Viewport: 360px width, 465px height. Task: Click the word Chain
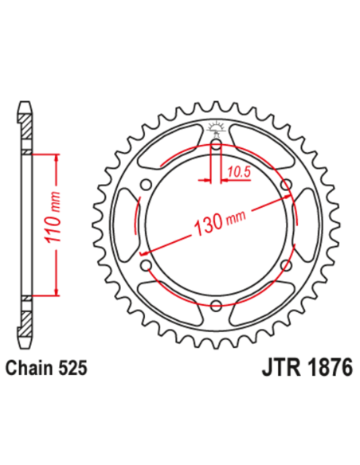tap(29, 369)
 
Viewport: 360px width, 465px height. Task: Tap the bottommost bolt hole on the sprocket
tap(215, 304)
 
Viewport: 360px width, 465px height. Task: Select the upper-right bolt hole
tap(285, 186)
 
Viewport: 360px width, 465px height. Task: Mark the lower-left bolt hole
tap(145, 264)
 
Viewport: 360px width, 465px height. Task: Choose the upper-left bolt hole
tap(145, 186)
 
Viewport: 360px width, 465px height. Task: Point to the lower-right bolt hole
tap(285, 264)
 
